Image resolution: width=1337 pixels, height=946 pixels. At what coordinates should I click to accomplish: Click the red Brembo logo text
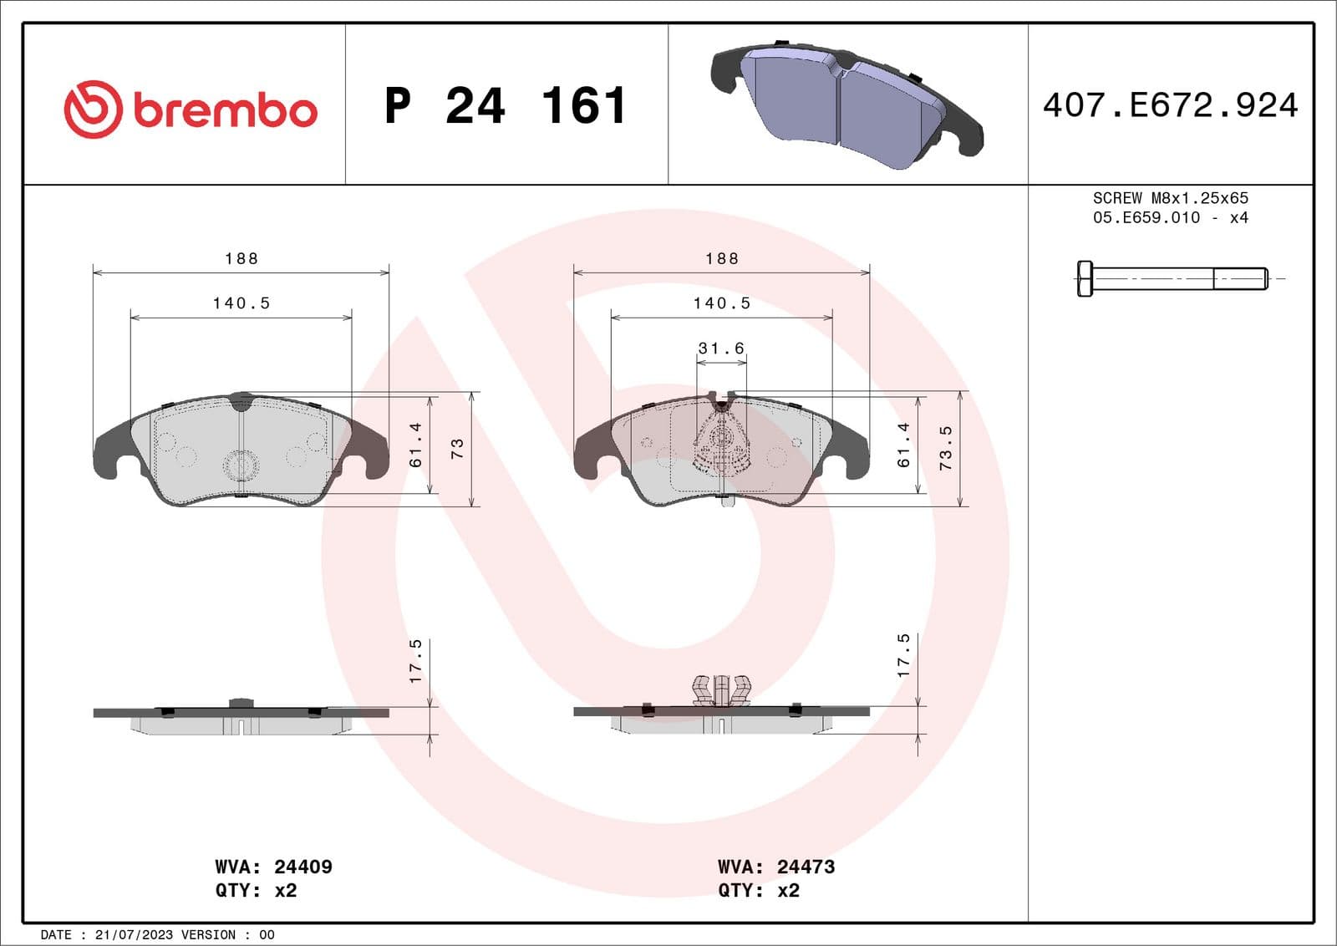coord(224,111)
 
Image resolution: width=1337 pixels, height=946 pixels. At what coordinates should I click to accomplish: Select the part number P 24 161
coord(505,106)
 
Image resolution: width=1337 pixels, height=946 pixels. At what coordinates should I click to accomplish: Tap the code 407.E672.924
coord(1170,105)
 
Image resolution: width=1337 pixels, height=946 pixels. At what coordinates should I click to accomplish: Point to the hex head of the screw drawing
coord(1084,278)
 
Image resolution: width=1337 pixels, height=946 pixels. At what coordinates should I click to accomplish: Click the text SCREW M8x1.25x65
coord(1170,198)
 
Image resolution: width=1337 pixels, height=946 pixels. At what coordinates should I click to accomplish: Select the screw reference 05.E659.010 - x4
coord(1170,217)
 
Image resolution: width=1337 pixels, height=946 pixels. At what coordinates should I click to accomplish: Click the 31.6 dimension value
coord(721,348)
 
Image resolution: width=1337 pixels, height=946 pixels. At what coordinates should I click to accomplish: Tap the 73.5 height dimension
coord(945,448)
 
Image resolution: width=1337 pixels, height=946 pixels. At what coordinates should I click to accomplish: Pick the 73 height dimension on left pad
coord(457,449)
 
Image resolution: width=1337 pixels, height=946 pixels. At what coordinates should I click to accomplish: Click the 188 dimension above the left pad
coord(241,258)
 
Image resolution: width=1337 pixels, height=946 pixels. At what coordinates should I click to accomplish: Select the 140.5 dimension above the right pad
coord(721,303)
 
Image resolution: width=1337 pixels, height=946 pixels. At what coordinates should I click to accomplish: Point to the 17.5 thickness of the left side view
coord(415,661)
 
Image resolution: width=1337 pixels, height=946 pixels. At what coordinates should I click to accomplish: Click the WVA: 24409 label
coord(273,867)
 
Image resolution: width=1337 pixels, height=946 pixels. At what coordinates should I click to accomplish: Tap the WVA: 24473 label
coord(775,867)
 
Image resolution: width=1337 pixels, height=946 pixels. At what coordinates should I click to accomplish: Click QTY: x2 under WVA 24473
coord(758,890)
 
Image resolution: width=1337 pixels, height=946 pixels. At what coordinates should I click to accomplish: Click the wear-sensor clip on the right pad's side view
coord(721,690)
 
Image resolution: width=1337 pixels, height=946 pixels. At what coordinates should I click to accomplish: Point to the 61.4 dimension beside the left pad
coord(415,445)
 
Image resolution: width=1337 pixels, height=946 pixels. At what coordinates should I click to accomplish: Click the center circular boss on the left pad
coord(241,465)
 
